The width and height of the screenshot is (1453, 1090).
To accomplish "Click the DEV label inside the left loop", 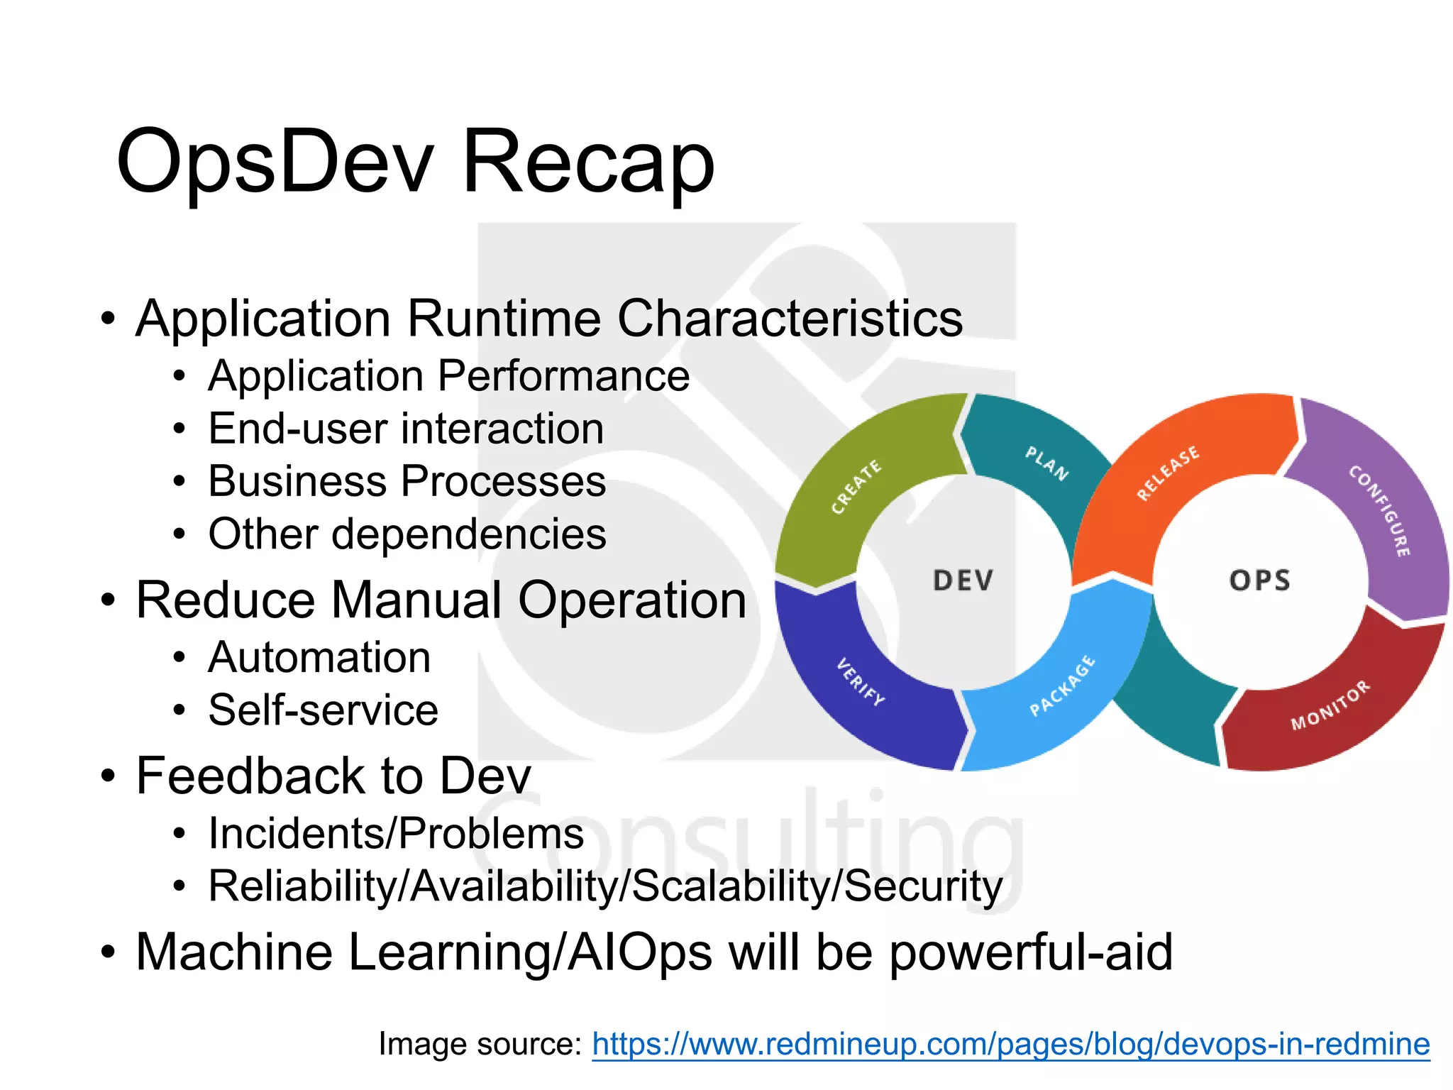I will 963,580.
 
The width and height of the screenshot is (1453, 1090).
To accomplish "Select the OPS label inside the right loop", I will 1260,580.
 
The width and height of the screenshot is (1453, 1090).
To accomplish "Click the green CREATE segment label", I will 856,486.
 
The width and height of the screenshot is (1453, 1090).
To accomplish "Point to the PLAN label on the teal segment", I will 1047,463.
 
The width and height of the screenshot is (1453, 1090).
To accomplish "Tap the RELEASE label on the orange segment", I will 1168,473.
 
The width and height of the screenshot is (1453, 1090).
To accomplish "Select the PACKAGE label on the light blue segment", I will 1062,686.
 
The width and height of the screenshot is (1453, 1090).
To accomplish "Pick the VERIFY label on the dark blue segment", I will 861,682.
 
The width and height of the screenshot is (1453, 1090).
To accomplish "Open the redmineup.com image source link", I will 1010,1044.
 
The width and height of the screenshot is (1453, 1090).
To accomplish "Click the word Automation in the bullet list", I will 319,657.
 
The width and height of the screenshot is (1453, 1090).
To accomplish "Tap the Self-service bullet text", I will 324,710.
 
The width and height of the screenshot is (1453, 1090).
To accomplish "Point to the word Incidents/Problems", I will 396,833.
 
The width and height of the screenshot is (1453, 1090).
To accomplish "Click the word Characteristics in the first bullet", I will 790,318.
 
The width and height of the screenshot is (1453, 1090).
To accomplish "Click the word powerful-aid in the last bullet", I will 1030,952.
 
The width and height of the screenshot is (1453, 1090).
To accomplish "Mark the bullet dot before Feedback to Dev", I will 107,776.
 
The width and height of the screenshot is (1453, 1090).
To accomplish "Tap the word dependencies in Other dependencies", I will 469,534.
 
